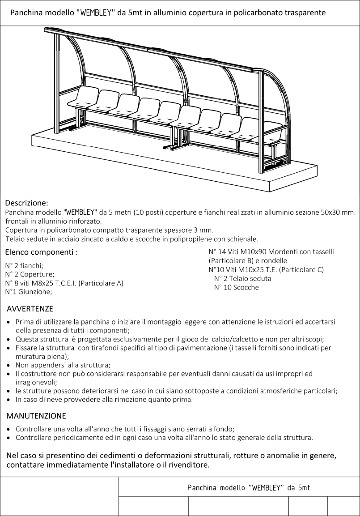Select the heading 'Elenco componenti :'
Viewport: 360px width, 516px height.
41,252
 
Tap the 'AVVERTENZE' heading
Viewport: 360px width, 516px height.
30,309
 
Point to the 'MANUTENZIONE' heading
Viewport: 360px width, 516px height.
36,416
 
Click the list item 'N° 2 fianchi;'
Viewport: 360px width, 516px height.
24,265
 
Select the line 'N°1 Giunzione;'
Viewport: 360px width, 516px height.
28,292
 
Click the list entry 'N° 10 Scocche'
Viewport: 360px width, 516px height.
236,287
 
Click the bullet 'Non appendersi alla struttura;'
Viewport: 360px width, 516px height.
63,365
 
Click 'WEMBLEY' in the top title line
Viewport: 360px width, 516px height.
95,13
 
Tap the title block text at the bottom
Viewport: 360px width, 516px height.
249,487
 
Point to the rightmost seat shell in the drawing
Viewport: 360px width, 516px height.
274,133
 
